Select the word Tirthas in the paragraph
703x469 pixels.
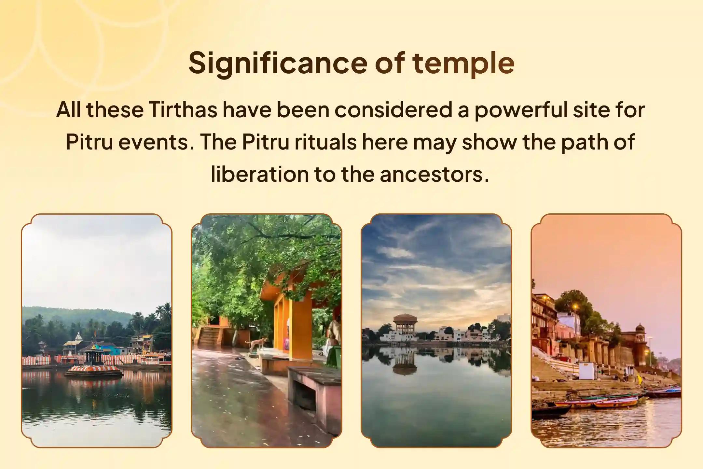[183, 110]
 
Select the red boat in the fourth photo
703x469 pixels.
[615, 403]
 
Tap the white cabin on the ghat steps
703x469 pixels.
[587, 371]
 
